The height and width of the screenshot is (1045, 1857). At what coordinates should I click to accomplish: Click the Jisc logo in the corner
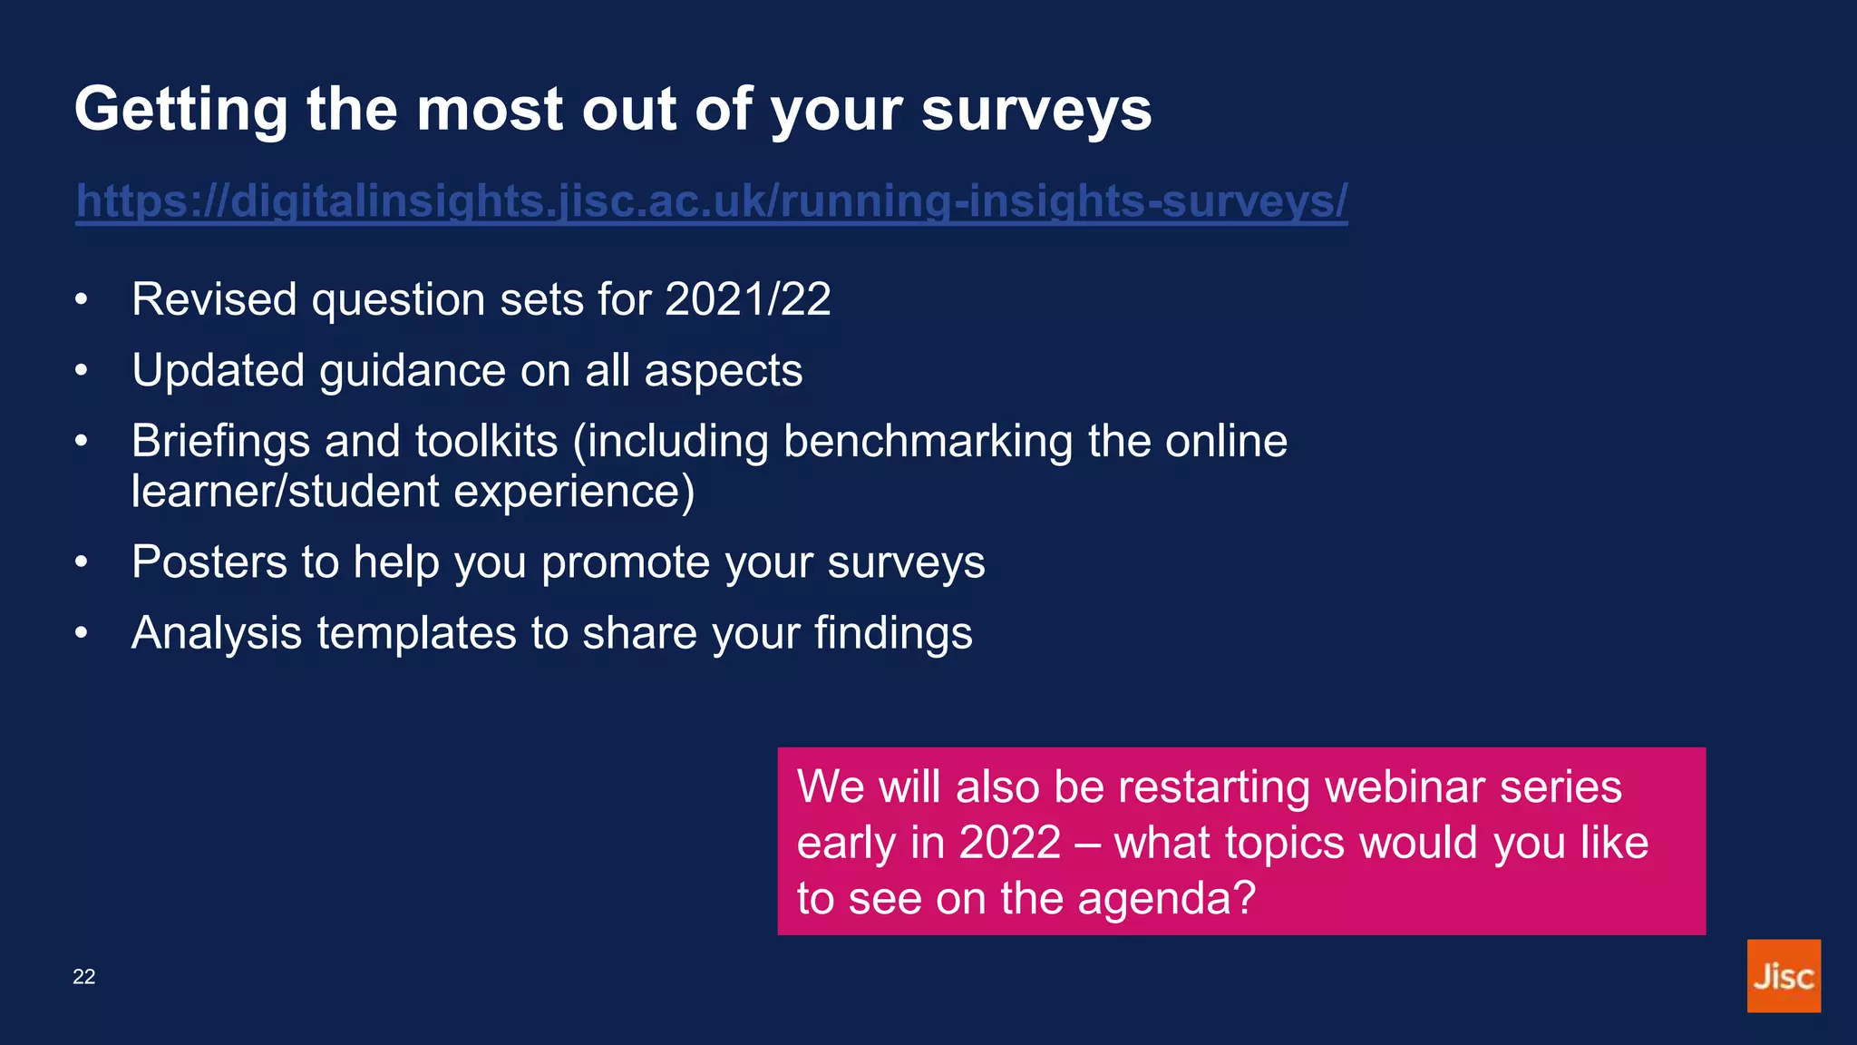(x=1783, y=976)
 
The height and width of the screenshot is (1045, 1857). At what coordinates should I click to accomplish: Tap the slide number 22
(x=84, y=977)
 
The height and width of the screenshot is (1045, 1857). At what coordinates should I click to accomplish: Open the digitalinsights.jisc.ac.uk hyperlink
(x=712, y=200)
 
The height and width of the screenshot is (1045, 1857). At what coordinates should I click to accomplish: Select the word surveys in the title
(x=1036, y=110)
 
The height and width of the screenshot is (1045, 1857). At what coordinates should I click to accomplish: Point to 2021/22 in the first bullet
(x=747, y=299)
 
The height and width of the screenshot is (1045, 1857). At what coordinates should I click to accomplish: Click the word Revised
(x=214, y=299)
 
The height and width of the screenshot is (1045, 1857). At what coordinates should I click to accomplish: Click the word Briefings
(x=221, y=442)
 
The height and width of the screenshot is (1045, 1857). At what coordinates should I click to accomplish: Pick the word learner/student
(x=285, y=492)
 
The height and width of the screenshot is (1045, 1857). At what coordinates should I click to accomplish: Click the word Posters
(x=209, y=562)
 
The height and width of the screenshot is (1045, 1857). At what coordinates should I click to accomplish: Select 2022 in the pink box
(x=1009, y=843)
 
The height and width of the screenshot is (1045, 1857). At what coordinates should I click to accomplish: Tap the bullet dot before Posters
(x=82, y=562)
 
